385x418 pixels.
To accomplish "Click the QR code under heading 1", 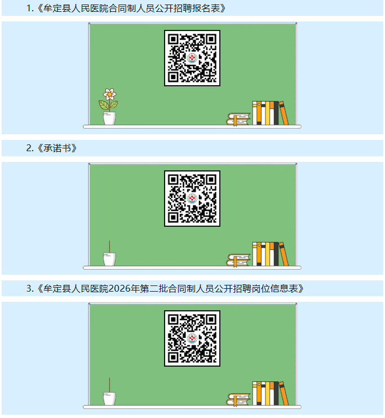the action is (192, 58).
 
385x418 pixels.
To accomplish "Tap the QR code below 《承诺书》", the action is (192, 199).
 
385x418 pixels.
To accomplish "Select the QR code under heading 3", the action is (192, 338).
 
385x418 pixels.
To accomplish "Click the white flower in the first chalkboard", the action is (109, 94).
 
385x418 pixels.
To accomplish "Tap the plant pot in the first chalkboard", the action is (109, 118).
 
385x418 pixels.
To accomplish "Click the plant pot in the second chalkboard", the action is (109, 259).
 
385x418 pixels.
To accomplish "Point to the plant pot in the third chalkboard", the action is (109, 399).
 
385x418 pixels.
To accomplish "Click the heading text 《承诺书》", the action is (57, 148).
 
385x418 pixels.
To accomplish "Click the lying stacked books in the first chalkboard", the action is (238, 119).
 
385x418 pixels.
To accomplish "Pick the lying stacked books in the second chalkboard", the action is (238, 260).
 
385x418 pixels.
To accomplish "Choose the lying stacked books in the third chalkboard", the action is (238, 400).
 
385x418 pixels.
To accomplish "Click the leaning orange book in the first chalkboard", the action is (284, 113).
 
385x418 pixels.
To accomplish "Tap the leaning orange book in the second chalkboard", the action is (284, 254).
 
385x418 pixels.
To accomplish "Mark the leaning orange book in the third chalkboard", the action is (284, 394).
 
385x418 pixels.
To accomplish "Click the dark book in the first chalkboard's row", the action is (276, 113).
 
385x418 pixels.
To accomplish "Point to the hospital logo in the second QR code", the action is (192, 199).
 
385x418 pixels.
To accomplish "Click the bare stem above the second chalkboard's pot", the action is (109, 247).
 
